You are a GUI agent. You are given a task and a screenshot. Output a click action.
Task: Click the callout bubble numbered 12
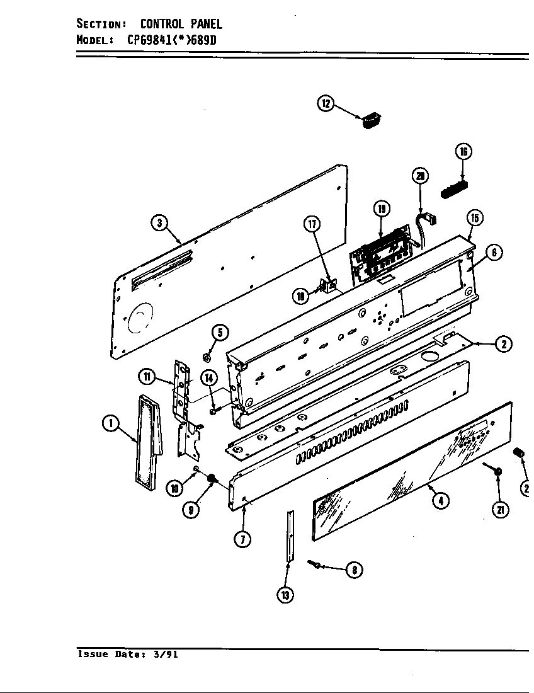coord(326,104)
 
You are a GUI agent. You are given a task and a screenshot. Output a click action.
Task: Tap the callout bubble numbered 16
coord(463,151)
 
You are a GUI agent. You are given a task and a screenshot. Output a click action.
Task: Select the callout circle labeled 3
coord(160,222)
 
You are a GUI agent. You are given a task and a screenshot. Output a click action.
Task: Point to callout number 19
coord(381,209)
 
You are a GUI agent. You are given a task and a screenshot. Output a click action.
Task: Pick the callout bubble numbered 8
coord(354,570)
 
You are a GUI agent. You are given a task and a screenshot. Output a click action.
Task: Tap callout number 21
coord(501,510)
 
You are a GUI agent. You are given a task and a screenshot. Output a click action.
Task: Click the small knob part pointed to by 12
coord(372,119)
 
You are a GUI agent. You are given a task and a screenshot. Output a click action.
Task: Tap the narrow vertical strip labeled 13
coord(289,535)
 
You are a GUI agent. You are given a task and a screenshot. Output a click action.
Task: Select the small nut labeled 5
coord(206,357)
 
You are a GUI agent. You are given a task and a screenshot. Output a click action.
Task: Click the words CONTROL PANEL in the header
coord(181,25)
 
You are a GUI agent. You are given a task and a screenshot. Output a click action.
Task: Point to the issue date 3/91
coord(166,654)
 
